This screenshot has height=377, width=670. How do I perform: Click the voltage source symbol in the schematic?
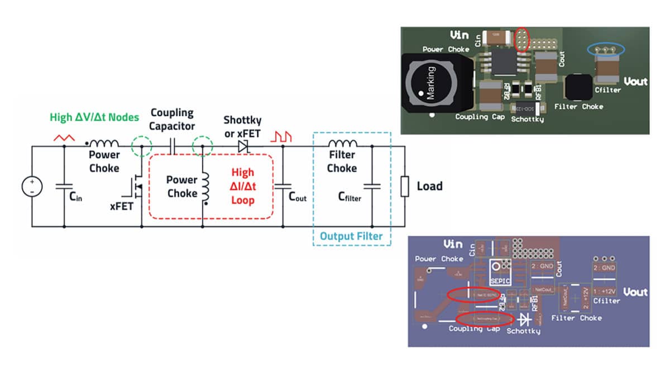pos(32,187)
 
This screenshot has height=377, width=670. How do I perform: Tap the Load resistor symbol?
pos(405,186)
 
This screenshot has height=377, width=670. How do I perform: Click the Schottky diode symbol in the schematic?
pos(243,146)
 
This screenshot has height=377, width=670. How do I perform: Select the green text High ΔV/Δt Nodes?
pos(94,117)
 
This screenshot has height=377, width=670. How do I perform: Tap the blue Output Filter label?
pos(351,236)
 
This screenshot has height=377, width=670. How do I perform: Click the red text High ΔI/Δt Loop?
pos(243,186)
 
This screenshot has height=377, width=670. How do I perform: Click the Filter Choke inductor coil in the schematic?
pos(342,144)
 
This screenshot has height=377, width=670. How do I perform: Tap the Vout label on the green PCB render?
pos(635,82)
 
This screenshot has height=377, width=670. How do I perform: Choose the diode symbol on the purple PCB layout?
pos(525,319)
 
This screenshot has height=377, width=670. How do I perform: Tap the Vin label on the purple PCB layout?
pos(453,244)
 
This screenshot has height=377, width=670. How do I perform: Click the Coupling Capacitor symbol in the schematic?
pos(173,147)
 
